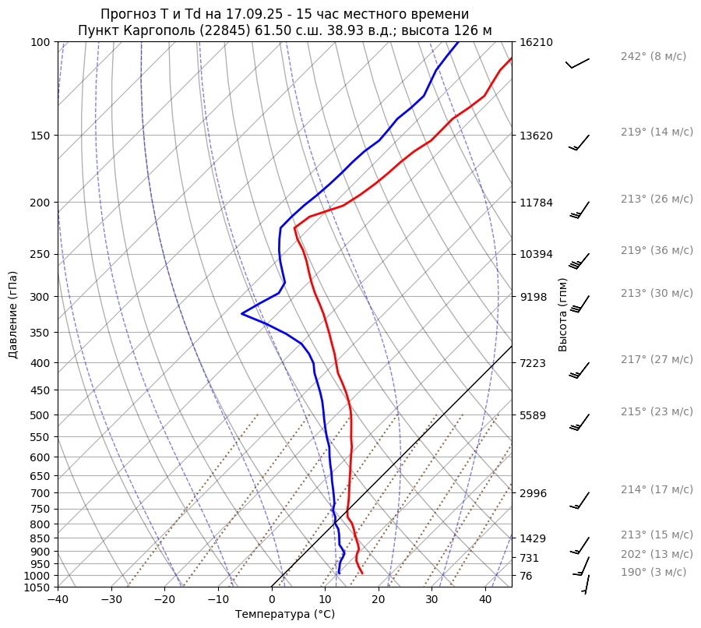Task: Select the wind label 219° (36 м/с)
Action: pyautogui.click(x=657, y=251)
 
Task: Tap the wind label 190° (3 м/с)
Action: pyautogui.click(x=653, y=573)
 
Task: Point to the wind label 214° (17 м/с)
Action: pyautogui.click(x=657, y=490)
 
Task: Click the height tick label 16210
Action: pyautogui.click(x=536, y=42)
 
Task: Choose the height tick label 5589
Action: pyautogui.click(x=533, y=415)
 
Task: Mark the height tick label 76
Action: pyautogui.click(x=526, y=576)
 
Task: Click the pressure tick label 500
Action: pyautogui.click(x=41, y=415)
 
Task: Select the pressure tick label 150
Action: pyautogui.click(x=41, y=136)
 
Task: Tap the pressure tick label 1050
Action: pyautogui.click(x=37, y=587)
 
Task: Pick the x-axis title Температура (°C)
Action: pyautogui.click(x=285, y=615)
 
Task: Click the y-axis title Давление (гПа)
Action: pyautogui.click(x=13, y=315)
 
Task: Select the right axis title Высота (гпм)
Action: pyautogui.click(x=563, y=314)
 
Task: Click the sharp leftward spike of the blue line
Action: pyautogui.click(x=243, y=313)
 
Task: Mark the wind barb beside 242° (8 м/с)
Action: pyautogui.click(x=577, y=62)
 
